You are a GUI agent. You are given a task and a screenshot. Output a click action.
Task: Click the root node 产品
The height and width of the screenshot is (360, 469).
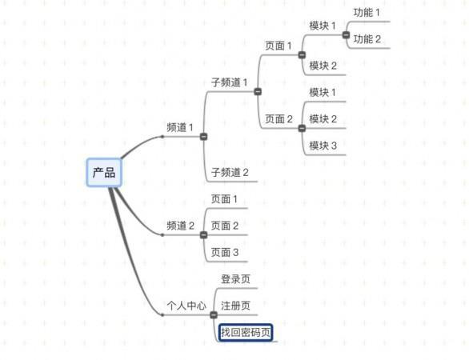pos(104,173)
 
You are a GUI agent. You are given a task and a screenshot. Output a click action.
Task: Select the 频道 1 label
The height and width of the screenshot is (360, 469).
pos(180,128)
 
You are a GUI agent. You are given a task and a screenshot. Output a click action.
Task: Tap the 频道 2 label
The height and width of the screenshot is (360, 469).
pos(180,226)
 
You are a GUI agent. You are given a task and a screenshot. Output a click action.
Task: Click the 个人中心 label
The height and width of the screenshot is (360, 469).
pos(186,306)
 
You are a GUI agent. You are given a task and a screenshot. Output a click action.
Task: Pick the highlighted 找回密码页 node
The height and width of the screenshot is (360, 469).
pos(246,332)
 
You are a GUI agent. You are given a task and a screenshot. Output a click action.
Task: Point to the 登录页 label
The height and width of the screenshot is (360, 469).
pos(235,279)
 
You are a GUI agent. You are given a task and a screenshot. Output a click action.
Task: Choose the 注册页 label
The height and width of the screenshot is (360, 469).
pos(235,306)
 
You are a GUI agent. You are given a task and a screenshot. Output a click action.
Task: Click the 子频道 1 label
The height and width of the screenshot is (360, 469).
pos(230,82)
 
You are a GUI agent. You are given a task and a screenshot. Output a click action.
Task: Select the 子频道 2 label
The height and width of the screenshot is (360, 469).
pos(230,172)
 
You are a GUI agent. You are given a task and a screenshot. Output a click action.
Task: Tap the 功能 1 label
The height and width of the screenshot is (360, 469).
pos(367,13)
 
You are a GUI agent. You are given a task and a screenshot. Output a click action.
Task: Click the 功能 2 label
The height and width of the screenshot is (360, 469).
pos(367,39)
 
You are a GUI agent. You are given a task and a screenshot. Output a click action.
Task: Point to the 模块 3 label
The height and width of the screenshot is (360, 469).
pos(323,146)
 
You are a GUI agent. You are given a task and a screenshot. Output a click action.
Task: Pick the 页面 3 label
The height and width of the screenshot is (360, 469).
pos(225,252)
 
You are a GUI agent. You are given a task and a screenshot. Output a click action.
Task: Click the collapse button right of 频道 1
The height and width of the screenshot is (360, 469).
pos(204,137)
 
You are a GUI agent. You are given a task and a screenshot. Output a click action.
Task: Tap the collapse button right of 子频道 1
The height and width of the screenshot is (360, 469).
pos(258,91)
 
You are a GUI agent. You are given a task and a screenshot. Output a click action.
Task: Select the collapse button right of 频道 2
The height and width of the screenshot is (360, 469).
pos(204,235)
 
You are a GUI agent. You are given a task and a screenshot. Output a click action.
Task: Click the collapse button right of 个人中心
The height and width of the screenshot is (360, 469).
pos(214,315)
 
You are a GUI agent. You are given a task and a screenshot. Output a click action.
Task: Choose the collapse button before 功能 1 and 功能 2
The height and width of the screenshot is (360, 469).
pos(346,35)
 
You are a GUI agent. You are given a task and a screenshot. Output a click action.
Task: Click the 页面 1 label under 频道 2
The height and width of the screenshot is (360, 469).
pos(224,199)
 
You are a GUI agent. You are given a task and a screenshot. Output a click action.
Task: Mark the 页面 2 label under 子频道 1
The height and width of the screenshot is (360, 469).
pos(279,119)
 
